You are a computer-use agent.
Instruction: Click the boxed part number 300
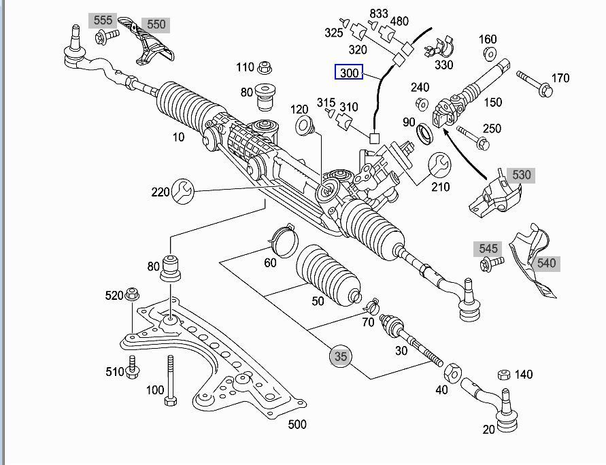click(349, 72)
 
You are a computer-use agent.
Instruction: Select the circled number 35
click(341, 356)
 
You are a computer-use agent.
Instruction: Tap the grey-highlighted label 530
click(521, 175)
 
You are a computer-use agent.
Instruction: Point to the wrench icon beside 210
click(439, 165)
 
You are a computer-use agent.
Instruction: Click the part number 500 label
click(297, 425)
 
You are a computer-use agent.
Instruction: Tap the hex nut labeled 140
click(504, 375)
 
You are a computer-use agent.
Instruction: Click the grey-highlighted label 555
click(103, 20)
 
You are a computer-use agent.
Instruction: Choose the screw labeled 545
click(490, 262)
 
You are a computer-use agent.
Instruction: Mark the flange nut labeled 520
click(133, 294)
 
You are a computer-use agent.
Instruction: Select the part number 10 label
click(178, 137)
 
